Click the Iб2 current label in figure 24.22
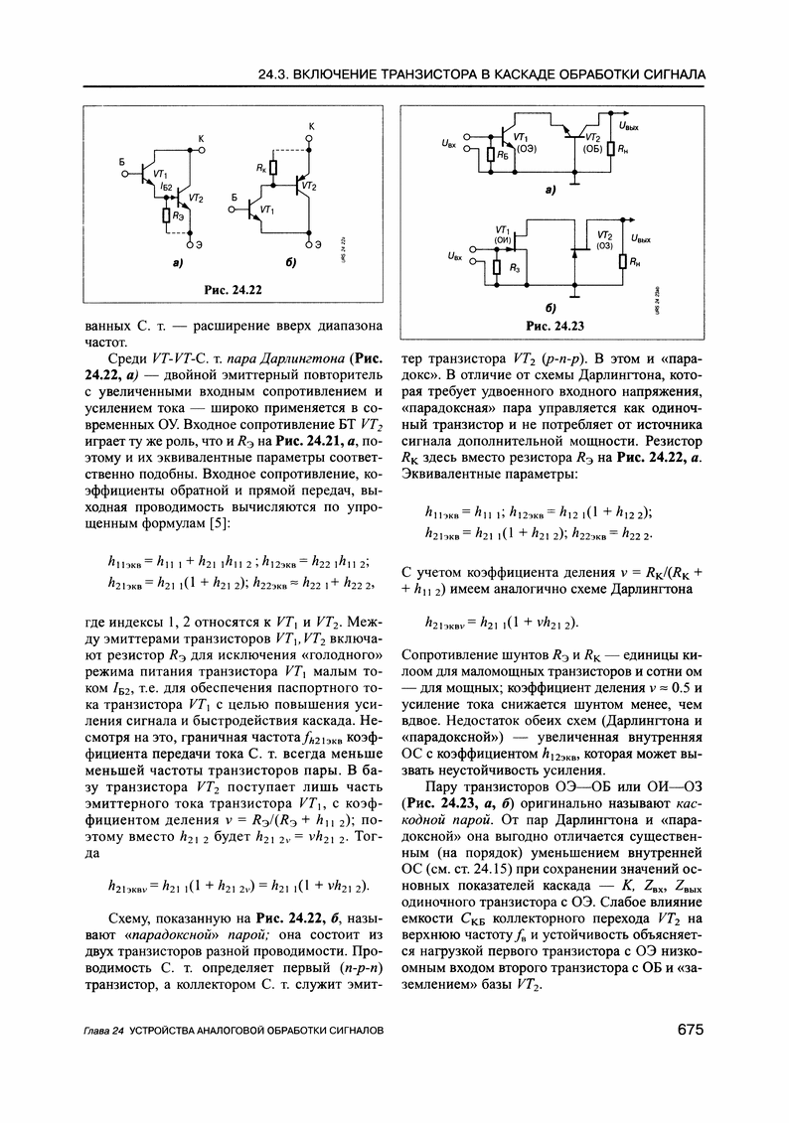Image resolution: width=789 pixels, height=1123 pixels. pyautogui.click(x=168, y=188)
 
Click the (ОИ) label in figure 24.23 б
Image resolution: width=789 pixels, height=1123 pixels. pyautogui.click(x=502, y=240)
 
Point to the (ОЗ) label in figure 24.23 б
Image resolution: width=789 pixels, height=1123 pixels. pyautogui.click(x=604, y=245)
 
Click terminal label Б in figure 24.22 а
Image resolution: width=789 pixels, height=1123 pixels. pyautogui.click(x=120, y=160)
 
